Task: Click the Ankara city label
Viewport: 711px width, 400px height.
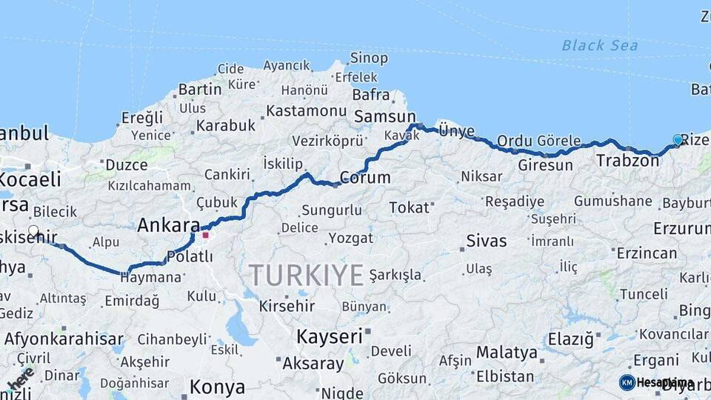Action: [x=169, y=224]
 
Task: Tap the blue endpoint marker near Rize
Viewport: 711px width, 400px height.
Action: [x=678, y=139]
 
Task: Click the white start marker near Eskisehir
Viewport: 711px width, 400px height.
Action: [x=33, y=230]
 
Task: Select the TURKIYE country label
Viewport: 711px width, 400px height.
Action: [x=306, y=275]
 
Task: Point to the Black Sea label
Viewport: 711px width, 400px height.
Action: [x=599, y=45]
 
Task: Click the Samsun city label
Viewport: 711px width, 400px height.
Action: [x=385, y=117]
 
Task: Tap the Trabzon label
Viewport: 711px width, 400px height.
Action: [x=627, y=160]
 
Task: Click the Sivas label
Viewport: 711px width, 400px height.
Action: [x=487, y=241]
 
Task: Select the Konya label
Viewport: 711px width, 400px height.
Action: [x=217, y=386]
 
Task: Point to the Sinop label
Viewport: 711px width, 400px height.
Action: [x=368, y=58]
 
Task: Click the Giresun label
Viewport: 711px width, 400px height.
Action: [x=546, y=164]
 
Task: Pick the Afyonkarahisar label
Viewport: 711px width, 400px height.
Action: [x=64, y=339]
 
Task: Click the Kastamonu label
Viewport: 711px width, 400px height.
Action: [x=306, y=110]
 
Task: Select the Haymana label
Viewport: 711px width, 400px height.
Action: [x=152, y=277]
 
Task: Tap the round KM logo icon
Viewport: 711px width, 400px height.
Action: [x=627, y=382]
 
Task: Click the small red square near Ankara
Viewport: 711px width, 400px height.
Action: [x=206, y=236]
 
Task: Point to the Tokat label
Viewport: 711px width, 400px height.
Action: [x=409, y=207]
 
